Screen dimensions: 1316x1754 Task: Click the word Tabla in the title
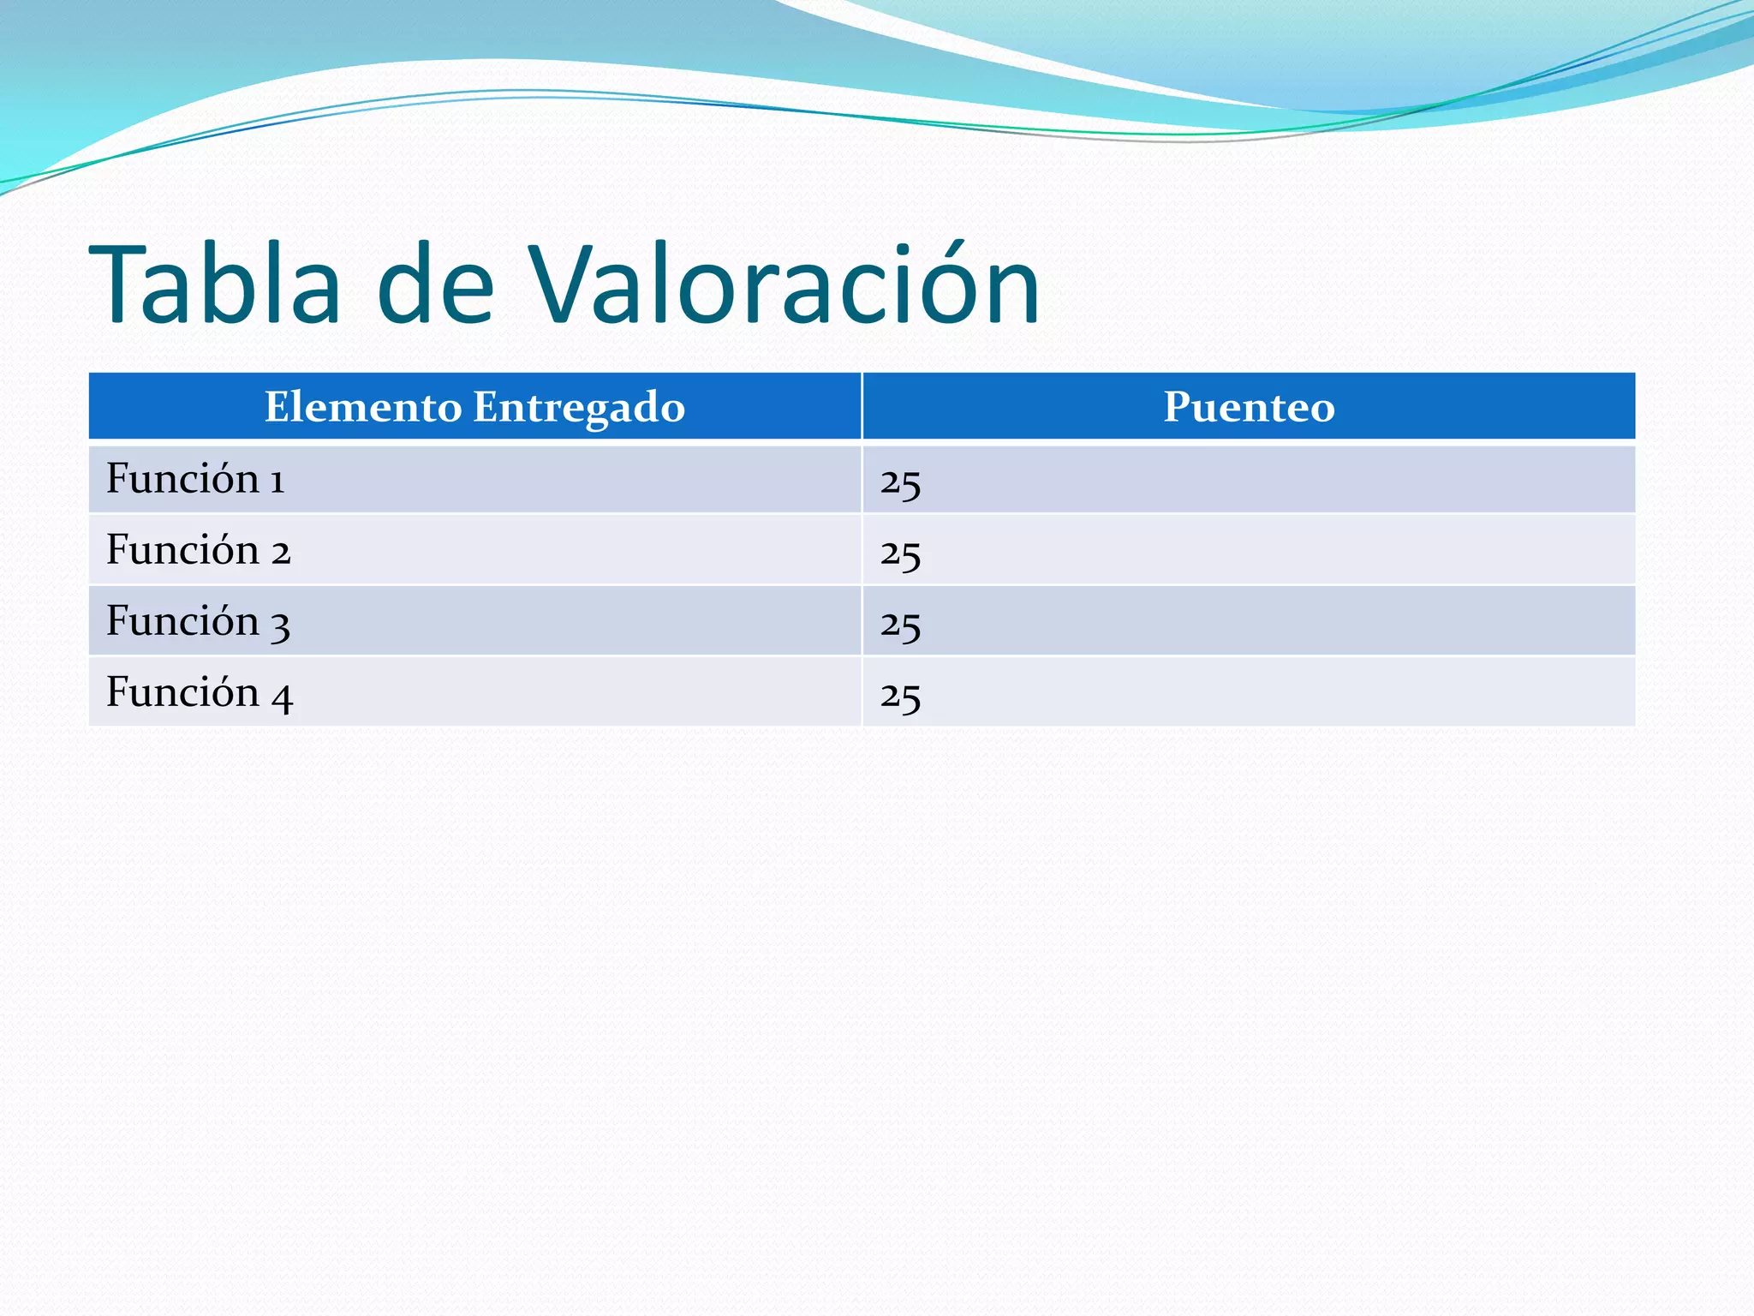(x=215, y=284)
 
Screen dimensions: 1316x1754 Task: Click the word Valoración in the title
(x=783, y=284)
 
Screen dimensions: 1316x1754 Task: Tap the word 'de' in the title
(x=435, y=284)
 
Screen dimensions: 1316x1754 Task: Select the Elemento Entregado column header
(x=474, y=407)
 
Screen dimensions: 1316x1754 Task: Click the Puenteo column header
(x=1249, y=407)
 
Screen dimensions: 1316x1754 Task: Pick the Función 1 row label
(x=195, y=478)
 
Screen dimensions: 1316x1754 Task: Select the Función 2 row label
(x=198, y=549)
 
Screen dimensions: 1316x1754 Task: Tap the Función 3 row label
(x=198, y=620)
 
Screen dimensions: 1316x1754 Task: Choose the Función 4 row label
(x=199, y=692)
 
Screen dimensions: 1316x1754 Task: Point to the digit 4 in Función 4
(x=282, y=697)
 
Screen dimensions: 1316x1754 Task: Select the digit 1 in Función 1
(x=277, y=482)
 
